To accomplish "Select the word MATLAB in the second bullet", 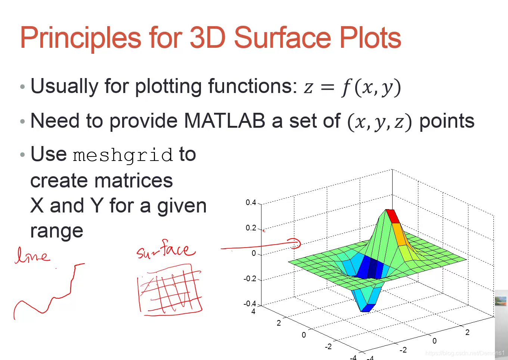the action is click(224, 121).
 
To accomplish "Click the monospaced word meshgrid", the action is click(123, 155).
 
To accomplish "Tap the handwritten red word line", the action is click(32, 255).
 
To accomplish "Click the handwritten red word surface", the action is click(165, 250).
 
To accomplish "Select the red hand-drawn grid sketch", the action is click(170, 290).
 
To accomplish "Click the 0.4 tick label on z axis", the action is click(251, 202).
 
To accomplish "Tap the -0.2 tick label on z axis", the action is click(250, 279).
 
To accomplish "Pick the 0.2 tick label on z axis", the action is click(251, 228).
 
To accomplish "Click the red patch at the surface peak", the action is click(393, 216).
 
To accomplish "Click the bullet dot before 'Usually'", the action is click(22, 86).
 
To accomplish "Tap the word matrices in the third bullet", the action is click(134, 181).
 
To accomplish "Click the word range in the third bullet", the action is click(57, 232).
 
